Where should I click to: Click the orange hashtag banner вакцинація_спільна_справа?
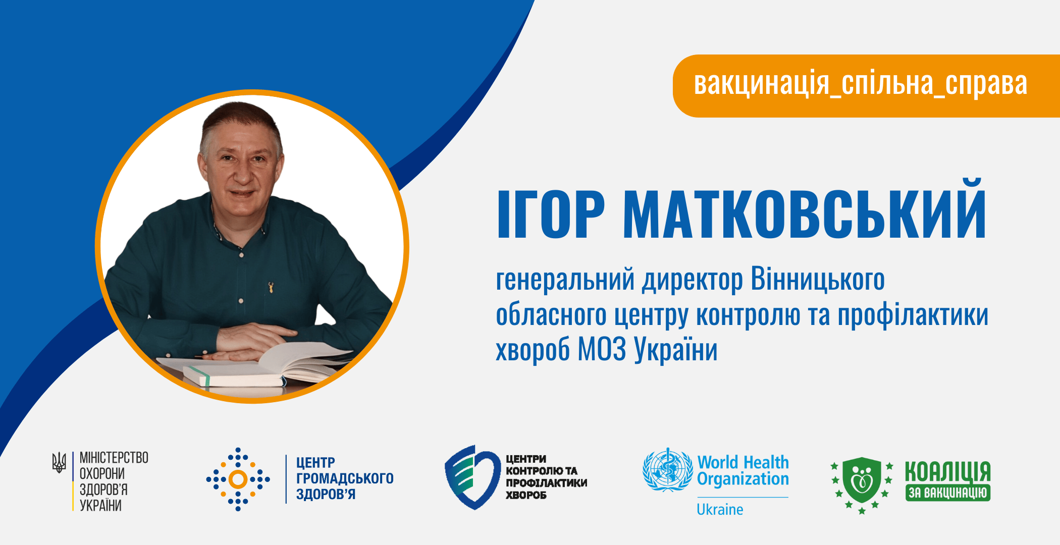(x=866, y=86)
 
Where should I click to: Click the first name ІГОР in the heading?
(x=551, y=214)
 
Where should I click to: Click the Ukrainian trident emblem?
(x=59, y=462)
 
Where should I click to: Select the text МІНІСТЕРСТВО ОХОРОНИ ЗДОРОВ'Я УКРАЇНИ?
(x=114, y=481)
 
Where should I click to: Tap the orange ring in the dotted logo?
(x=238, y=479)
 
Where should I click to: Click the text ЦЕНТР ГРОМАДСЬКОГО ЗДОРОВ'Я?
(x=345, y=478)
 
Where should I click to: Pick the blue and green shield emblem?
(x=472, y=477)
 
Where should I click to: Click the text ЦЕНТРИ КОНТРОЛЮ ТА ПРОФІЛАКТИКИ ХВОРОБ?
(x=547, y=477)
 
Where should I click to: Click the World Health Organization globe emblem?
(x=668, y=470)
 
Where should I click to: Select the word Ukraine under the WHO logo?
(x=720, y=510)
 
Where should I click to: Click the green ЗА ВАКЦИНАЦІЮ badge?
(x=947, y=493)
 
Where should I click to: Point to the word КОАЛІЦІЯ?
(x=947, y=471)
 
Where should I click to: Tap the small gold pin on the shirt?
(x=272, y=288)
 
